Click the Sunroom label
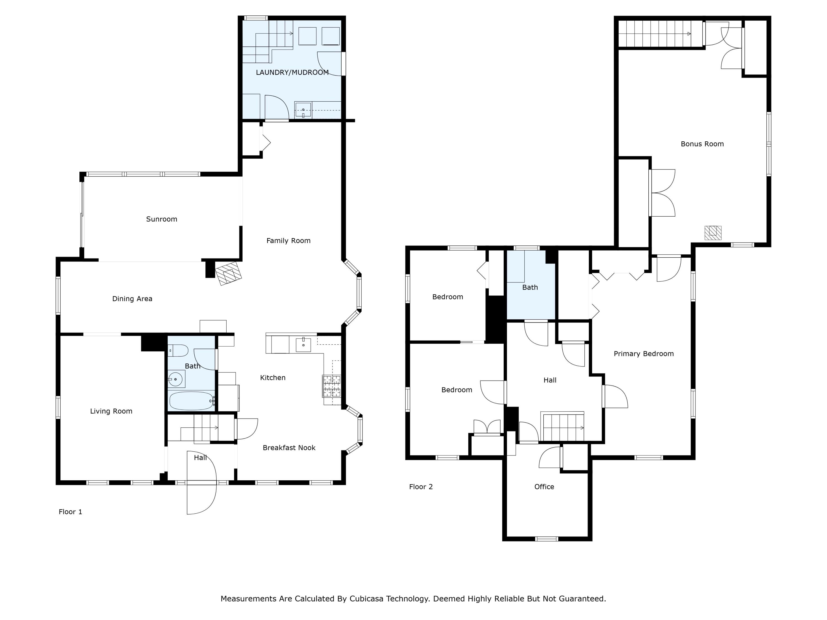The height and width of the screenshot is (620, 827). pos(162,219)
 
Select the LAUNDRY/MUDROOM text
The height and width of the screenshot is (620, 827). pos(292,72)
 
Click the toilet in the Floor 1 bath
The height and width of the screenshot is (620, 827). pos(178,351)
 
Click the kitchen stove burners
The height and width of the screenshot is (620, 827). pos(331,386)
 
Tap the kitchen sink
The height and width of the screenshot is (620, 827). pos(303,344)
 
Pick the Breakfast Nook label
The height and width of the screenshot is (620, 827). pos(289,448)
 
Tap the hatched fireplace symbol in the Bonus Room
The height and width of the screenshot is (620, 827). pos(713,233)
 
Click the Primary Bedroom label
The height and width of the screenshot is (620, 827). pos(643,354)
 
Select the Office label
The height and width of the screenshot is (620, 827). pos(544,487)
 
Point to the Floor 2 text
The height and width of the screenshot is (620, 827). pos(421,487)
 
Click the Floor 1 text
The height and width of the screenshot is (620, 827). pos(70,512)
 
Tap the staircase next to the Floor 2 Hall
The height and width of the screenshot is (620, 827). pos(563,427)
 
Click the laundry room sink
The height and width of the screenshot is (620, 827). pos(303,110)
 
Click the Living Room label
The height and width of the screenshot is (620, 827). pos(111,411)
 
